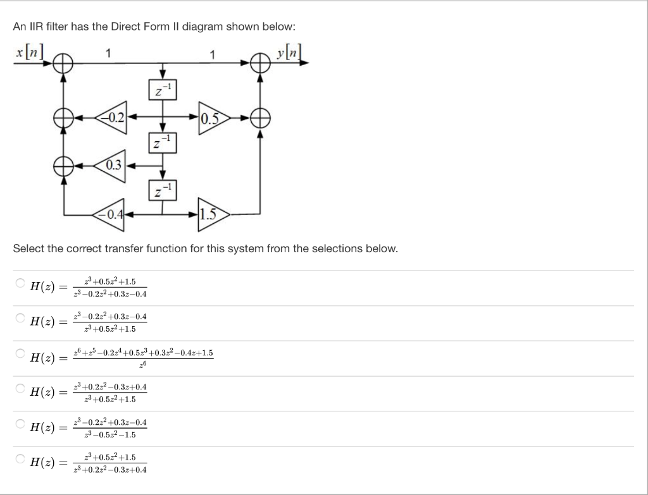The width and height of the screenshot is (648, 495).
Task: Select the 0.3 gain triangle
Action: pyautogui.click(x=113, y=166)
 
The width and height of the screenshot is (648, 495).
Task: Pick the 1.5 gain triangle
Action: pyautogui.click(x=213, y=214)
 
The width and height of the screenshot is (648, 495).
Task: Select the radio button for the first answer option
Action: pyautogui.click(x=20, y=283)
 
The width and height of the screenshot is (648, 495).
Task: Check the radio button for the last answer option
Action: pyautogui.click(x=20, y=458)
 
